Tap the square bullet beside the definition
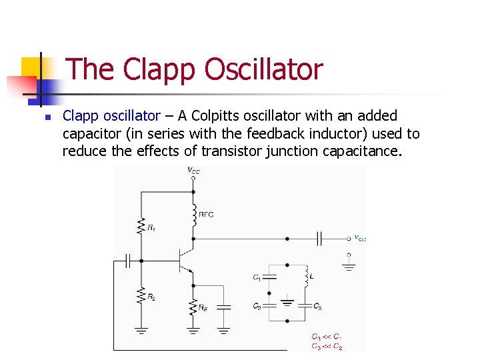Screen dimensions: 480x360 pyautogui.click(x=47, y=117)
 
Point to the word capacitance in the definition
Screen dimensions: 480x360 pyautogui.click(x=361, y=151)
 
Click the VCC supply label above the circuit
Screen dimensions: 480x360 pyautogui.click(x=193, y=171)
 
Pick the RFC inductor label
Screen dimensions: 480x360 pyautogui.click(x=206, y=215)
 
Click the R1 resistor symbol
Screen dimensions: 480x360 pyautogui.click(x=141, y=225)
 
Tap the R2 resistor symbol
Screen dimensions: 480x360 pyautogui.click(x=141, y=294)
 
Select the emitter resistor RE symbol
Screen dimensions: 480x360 pyautogui.click(x=193, y=306)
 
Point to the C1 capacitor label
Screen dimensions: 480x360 pyautogui.click(x=257, y=277)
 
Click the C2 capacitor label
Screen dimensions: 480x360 pyautogui.click(x=257, y=307)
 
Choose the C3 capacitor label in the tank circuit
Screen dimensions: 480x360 pyautogui.click(x=318, y=307)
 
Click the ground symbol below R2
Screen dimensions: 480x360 pyautogui.click(x=141, y=330)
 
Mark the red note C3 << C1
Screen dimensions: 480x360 pyautogui.click(x=327, y=337)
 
